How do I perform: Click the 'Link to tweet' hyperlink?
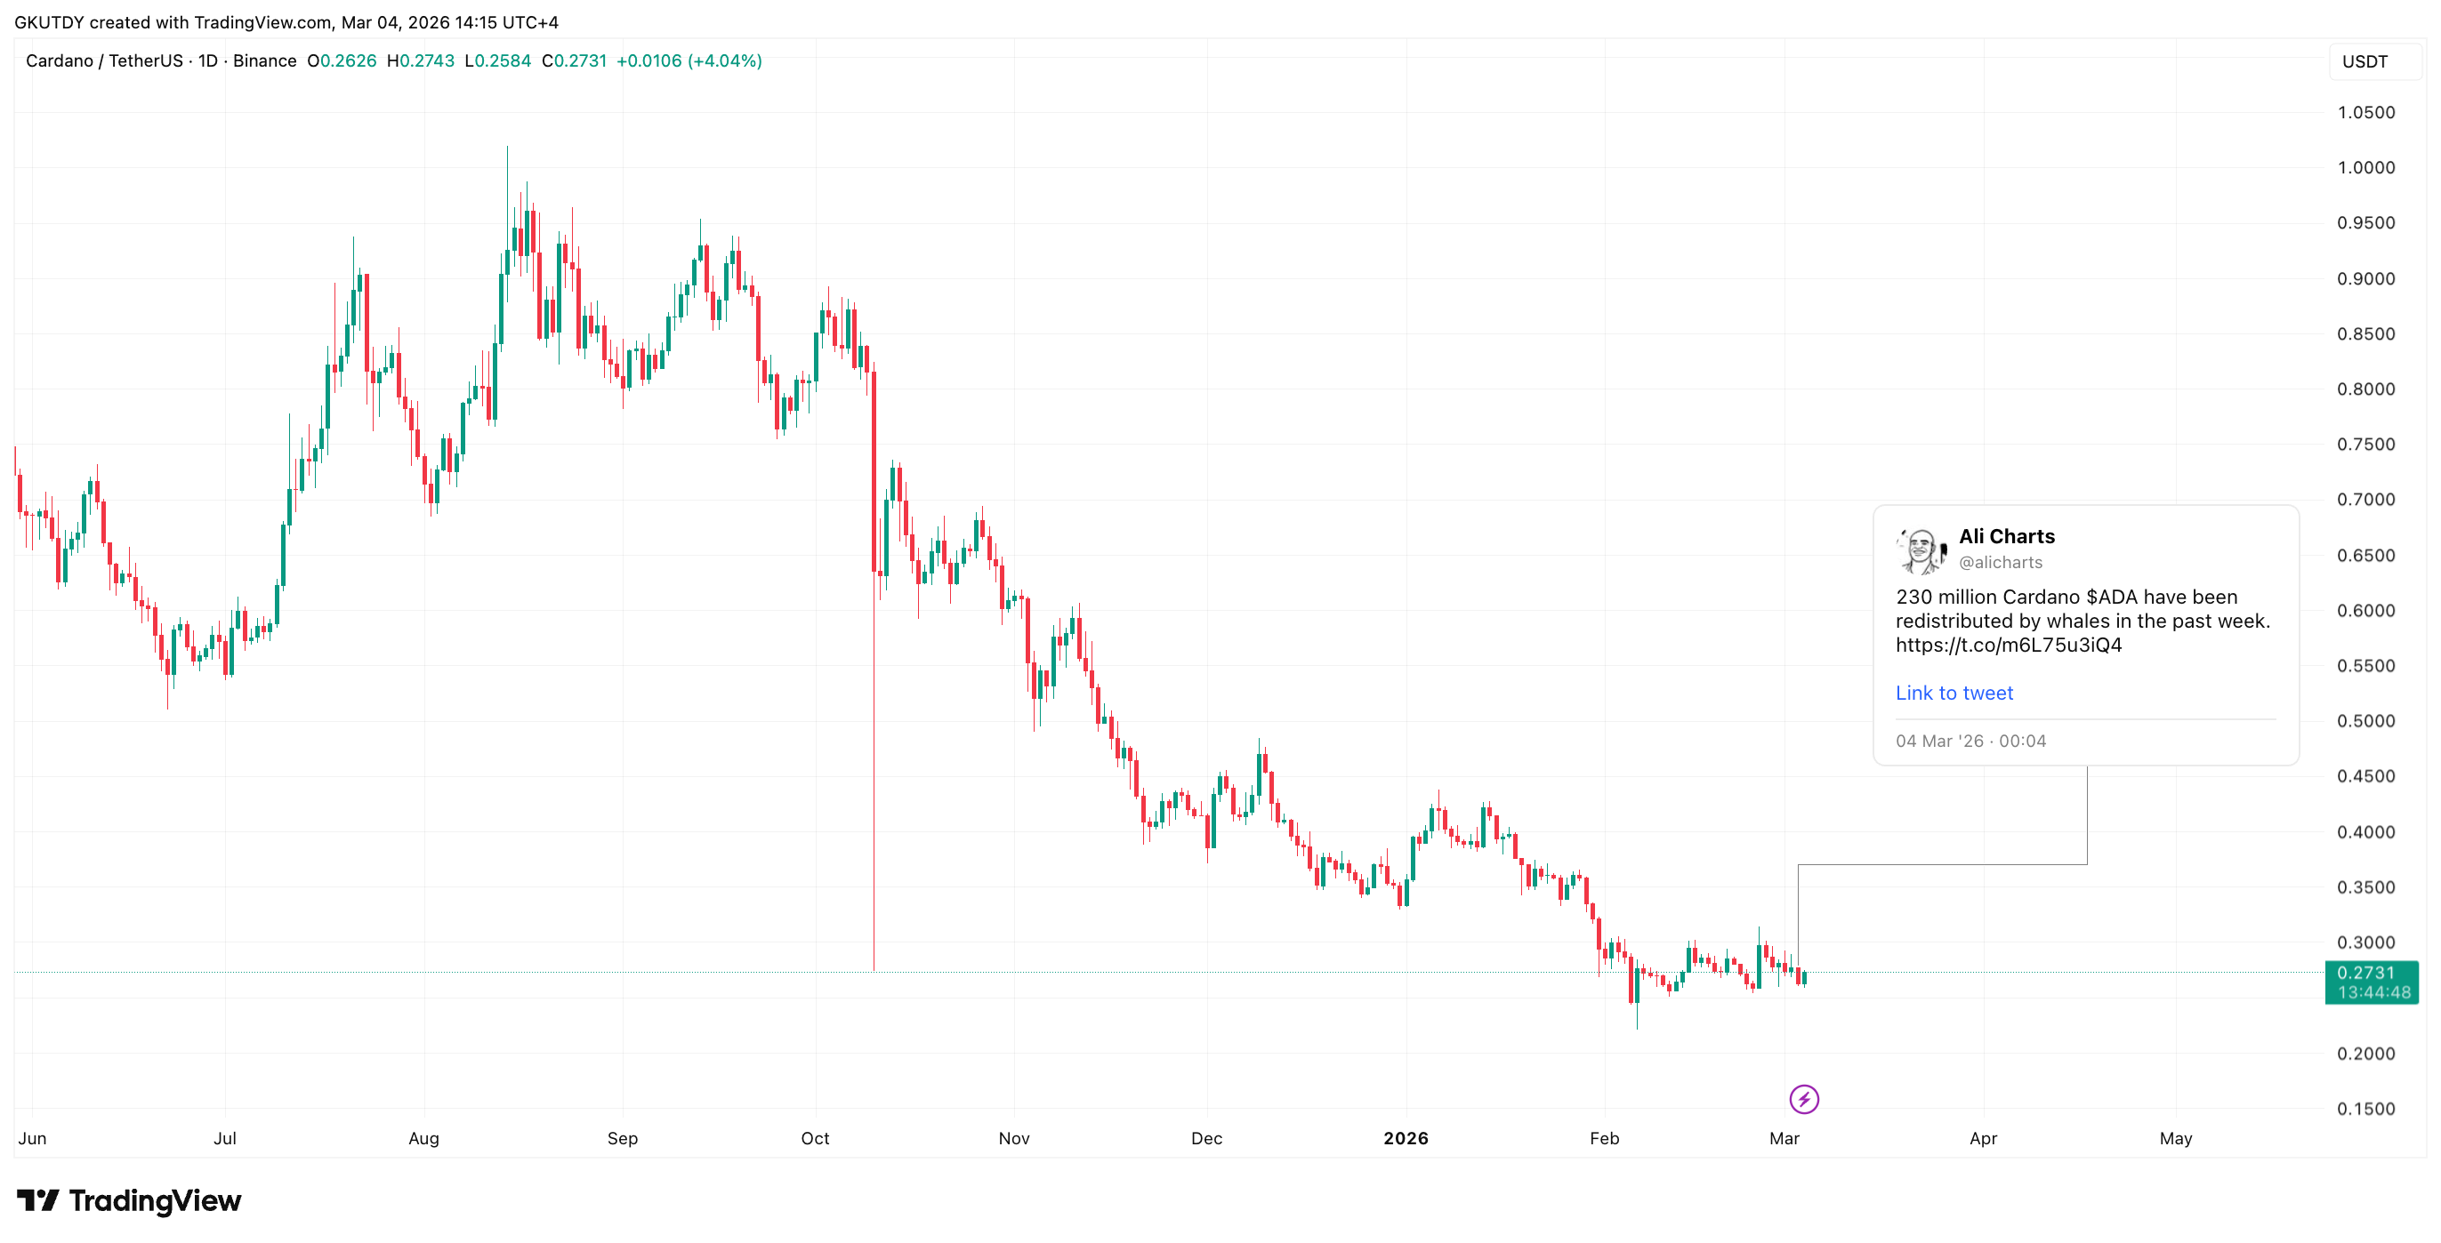click(x=1953, y=693)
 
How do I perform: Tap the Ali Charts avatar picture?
click(x=1921, y=549)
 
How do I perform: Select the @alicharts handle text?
click(x=2000, y=562)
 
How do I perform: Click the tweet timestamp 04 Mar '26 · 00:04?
click(x=1970, y=741)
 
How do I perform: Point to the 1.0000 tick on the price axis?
click(x=2365, y=168)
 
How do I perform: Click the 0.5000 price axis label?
click(x=2365, y=721)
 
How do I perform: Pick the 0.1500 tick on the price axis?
click(x=2365, y=1109)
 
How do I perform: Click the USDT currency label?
click(x=2364, y=61)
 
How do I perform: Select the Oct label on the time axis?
click(x=815, y=1138)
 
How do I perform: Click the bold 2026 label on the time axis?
click(x=1406, y=1138)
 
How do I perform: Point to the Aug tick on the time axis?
click(x=423, y=1138)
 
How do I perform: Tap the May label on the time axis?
click(x=2175, y=1138)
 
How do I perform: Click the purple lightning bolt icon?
click(x=1803, y=1099)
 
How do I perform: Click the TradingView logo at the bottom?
click(x=129, y=1200)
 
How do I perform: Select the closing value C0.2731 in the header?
click(x=575, y=60)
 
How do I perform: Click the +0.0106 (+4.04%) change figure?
click(x=689, y=60)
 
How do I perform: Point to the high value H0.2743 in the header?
click(x=421, y=60)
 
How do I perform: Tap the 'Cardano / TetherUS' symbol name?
click(x=104, y=60)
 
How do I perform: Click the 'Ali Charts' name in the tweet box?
click(x=2006, y=536)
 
